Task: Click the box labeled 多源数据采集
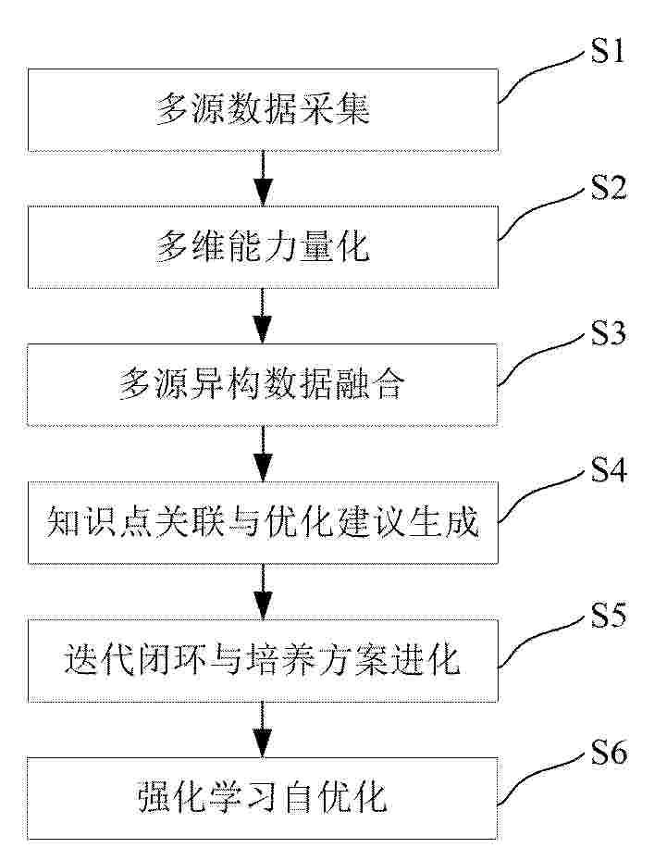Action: coord(263,110)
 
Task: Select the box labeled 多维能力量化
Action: coord(263,246)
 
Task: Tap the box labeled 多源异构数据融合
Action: coord(263,384)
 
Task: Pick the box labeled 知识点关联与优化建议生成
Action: coord(263,522)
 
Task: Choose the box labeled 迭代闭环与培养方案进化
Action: coord(263,660)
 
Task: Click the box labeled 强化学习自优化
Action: coord(263,798)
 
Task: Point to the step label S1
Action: coord(608,51)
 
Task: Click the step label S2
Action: coord(608,188)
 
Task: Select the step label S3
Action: coord(608,332)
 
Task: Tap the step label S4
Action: coord(608,469)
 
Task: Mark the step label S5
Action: coord(608,615)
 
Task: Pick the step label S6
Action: coord(608,753)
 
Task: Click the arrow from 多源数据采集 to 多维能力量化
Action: coord(263,179)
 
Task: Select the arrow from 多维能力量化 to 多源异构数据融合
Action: coord(263,316)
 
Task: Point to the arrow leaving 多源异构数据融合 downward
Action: coord(263,454)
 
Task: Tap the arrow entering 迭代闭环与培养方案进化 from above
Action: coord(263,592)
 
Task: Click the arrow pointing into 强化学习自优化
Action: coord(263,730)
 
